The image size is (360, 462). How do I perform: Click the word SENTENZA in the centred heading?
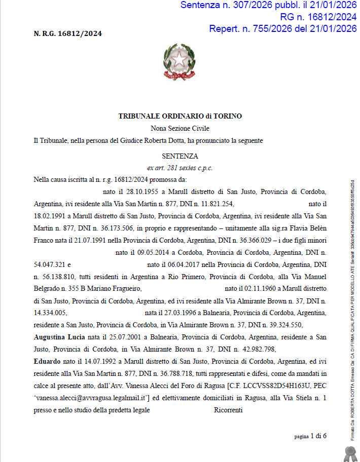click(x=180, y=156)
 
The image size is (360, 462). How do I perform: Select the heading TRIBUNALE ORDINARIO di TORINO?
click(x=180, y=116)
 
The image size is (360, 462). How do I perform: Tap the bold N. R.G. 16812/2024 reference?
click(x=67, y=34)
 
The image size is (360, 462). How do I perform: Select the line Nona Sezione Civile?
click(x=180, y=129)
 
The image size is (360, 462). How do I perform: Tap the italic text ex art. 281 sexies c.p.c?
click(x=180, y=168)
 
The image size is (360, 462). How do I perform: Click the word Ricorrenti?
click(x=229, y=410)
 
